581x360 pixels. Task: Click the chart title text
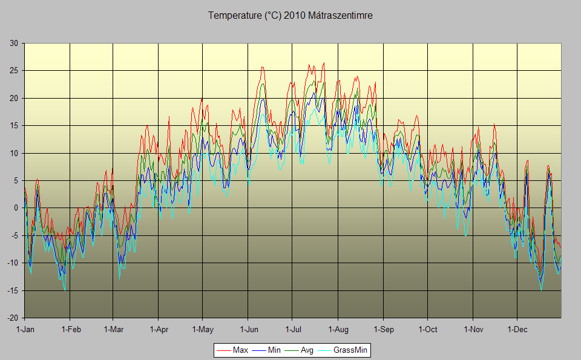click(x=290, y=16)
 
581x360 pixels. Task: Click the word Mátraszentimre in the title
click(x=340, y=16)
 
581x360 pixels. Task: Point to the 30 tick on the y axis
click(x=13, y=43)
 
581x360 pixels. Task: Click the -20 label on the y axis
click(x=12, y=318)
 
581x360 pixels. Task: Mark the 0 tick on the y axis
click(x=16, y=208)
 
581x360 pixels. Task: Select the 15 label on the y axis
click(x=13, y=125)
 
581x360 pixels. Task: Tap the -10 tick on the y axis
click(x=12, y=263)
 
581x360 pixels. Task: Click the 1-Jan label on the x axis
click(x=25, y=330)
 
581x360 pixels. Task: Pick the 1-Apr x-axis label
click(x=159, y=330)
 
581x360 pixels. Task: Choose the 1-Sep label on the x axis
click(x=382, y=330)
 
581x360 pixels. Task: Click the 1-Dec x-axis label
click(x=517, y=330)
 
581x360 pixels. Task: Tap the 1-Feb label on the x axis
click(x=70, y=330)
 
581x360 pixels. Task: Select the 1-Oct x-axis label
click(x=427, y=330)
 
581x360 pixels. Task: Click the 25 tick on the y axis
click(x=13, y=70)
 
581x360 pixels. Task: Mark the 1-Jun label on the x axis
click(x=248, y=330)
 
